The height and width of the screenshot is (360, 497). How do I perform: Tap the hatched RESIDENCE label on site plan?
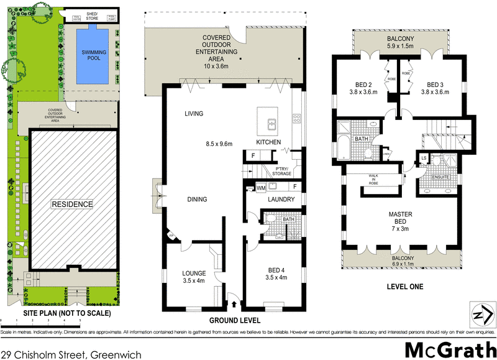pyautogui.click(x=71, y=204)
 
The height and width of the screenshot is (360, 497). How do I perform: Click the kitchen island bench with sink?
pyautogui.click(x=271, y=122)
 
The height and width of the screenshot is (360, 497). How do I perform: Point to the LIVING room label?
pyautogui.click(x=194, y=114)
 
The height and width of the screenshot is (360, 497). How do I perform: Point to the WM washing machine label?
pyautogui.click(x=262, y=186)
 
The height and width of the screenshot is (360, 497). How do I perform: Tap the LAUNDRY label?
pyautogui.click(x=280, y=200)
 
